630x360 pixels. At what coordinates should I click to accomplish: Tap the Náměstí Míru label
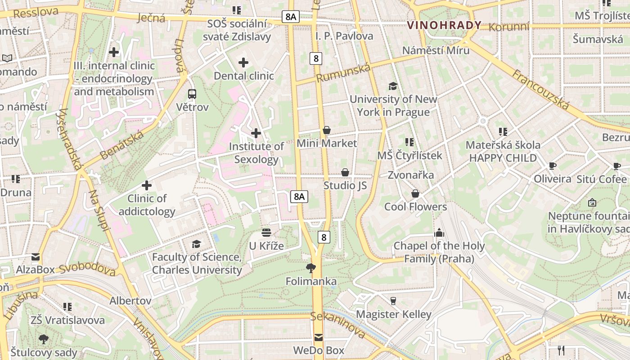436,50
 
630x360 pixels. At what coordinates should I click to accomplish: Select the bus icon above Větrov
192,94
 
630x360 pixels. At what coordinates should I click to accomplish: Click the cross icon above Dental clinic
243,63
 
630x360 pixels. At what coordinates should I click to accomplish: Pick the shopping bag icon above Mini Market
327,130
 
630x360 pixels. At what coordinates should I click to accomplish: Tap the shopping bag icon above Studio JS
345,172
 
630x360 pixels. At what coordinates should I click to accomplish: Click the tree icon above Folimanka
310,269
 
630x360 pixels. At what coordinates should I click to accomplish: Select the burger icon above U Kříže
266,233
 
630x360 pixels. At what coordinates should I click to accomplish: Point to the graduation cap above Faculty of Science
196,244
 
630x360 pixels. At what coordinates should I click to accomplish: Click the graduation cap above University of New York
393,86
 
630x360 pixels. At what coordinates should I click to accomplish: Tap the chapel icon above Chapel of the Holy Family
439,233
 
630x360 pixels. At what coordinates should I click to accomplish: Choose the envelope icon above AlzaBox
35,257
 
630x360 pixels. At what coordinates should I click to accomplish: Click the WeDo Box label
319,350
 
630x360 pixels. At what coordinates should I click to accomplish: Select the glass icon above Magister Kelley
393,301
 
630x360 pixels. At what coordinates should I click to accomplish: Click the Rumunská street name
343,73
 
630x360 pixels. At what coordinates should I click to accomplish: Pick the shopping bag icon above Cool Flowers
415,193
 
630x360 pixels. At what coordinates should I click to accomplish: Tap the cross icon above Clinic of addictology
147,185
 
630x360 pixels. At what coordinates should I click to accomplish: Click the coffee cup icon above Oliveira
552,166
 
